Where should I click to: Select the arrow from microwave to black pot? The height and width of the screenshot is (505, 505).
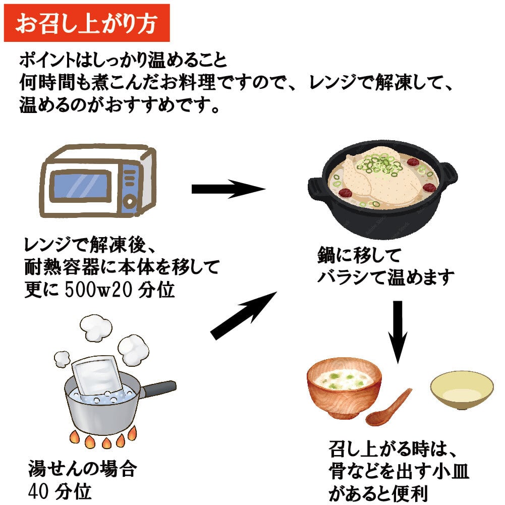tap(228, 189)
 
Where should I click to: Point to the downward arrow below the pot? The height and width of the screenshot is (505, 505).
tap(398, 330)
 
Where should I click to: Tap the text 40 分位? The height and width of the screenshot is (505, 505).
tap(61, 490)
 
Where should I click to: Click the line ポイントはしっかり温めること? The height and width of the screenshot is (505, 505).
tap(124, 61)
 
